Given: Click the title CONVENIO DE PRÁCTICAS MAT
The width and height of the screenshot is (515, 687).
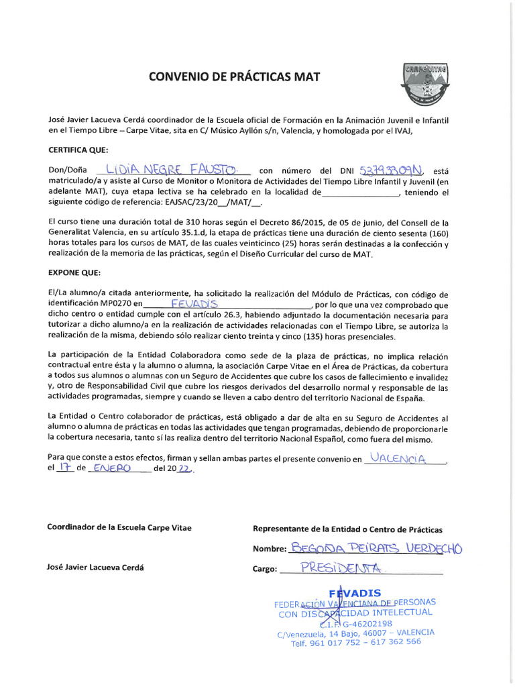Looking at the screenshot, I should point(234,76).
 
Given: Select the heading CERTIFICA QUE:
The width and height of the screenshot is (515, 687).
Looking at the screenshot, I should point(78,150).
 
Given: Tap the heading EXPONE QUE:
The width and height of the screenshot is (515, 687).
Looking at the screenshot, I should point(74,273).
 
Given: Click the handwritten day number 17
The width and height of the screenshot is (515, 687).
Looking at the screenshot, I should point(64,468).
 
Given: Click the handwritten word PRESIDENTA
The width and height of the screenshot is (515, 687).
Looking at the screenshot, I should point(341,568).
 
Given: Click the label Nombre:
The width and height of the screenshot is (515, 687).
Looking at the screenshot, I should point(270,549).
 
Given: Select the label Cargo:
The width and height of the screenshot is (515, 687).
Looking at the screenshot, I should point(265,570).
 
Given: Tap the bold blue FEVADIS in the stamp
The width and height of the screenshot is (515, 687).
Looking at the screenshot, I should point(355,592).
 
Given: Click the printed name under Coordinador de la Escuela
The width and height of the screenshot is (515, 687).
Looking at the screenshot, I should point(95,567).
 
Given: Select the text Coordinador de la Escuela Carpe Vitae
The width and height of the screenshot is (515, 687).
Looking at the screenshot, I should point(119,527).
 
